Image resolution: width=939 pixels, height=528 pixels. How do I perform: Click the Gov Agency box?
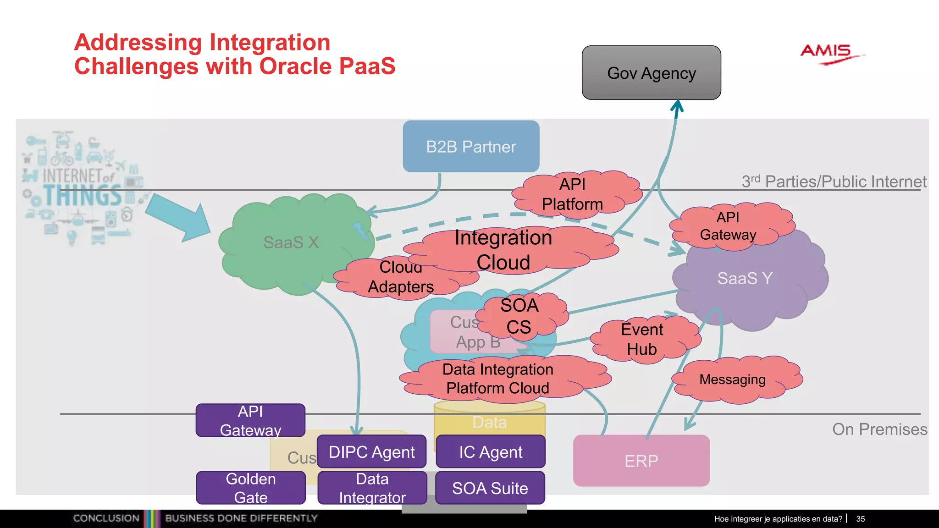coord(651,73)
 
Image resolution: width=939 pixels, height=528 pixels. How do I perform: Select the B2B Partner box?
coord(471,147)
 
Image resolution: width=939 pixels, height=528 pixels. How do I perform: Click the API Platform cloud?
coord(573,194)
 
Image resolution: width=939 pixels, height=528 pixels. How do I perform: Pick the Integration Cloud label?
coord(503,250)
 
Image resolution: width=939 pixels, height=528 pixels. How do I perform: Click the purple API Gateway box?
coord(250,420)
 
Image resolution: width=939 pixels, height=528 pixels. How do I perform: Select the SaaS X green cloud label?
coord(291,242)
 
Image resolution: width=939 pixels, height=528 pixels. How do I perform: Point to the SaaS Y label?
coord(745,278)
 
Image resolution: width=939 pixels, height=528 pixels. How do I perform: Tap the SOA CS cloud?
coord(519,316)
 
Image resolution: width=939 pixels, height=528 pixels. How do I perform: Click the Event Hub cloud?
coord(642,339)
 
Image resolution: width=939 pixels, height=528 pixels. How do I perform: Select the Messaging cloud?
coord(733,379)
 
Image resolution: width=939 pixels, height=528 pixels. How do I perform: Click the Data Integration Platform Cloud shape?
coord(498,379)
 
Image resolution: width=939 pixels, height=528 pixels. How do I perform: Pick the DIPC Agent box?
coord(371,452)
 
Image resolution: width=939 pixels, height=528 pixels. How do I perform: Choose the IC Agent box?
coord(491,452)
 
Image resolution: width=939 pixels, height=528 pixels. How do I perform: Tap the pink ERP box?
coord(641,461)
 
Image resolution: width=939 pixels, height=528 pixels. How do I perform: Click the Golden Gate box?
coord(250,488)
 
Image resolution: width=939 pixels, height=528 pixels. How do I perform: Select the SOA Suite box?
coord(490,488)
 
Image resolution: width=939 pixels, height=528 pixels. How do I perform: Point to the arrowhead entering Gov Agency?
coord(677,106)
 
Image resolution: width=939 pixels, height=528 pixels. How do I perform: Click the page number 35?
coord(860,519)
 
